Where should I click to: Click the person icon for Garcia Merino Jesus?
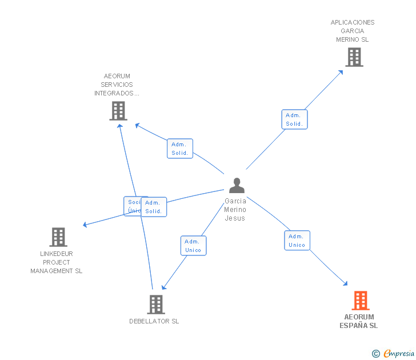(237, 185)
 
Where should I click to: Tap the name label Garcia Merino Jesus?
(235, 209)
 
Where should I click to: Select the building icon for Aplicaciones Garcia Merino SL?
(354, 57)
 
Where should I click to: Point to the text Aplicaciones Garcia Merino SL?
(353, 31)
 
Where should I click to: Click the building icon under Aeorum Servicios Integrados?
(118, 111)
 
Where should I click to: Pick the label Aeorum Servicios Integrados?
(117, 85)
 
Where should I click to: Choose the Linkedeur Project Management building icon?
(58, 237)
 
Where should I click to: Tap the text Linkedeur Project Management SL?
(57, 262)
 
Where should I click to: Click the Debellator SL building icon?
(155, 305)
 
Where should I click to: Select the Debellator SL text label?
(154, 321)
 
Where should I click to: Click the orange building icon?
(360, 300)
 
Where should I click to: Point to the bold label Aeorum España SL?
(359, 321)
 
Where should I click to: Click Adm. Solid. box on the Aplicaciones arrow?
(294, 119)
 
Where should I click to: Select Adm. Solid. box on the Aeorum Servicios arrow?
(180, 149)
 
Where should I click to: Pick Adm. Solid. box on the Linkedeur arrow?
(154, 207)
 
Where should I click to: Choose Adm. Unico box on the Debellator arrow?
(193, 246)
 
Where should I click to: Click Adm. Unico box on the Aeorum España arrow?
(297, 241)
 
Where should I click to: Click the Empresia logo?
(399, 354)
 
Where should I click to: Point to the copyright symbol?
(376, 354)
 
